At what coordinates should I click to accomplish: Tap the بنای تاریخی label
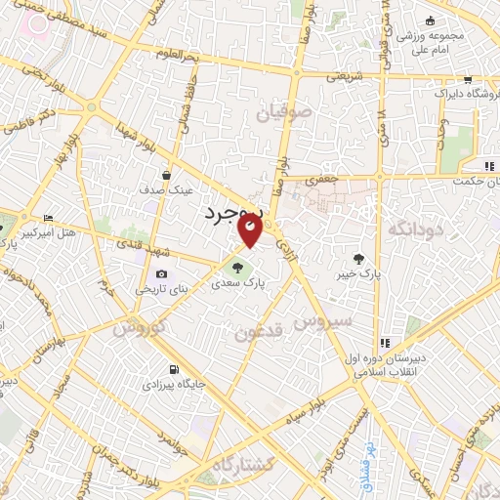coord(151,291)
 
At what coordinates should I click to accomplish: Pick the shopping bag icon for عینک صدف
coord(166,176)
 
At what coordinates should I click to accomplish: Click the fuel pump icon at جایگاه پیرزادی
coord(174,370)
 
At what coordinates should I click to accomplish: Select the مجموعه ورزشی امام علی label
coord(453,28)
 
